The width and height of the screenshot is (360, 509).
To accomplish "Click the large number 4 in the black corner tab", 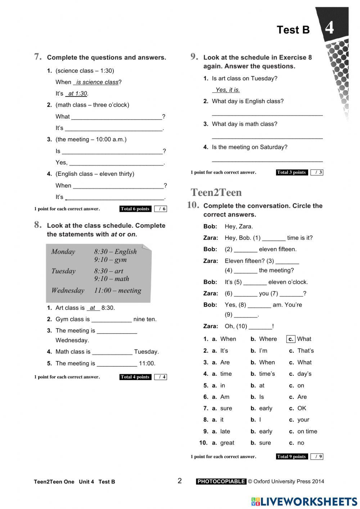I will click(x=329, y=28).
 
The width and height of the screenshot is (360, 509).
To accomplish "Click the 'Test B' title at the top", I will click(x=293, y=30).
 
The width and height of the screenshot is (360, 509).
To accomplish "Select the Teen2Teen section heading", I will click(x=216, y=192).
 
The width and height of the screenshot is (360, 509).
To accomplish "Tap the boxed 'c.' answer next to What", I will click(x=291, y=339).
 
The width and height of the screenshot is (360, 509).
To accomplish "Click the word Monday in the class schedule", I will click(x=63, y=252).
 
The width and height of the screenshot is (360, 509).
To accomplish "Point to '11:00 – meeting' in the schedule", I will click(x=118, y=290).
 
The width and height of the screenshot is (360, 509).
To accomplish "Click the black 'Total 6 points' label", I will click(x=135, y=209).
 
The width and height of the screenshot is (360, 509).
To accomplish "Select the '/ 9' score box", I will click(x=317, y=456).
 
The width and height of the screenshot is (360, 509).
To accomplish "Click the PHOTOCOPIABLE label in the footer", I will click(x=221, y=481).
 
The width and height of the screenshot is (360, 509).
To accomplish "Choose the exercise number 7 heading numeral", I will click(x=38, y=57).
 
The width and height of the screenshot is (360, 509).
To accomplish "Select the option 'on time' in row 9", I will click(x=307, y=431).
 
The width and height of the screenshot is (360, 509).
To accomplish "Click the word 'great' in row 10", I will click(x=227, y=443).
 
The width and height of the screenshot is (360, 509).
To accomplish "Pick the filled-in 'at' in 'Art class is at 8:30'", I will click(x=93, y=308).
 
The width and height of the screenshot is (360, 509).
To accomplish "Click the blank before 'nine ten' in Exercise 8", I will click(x=111, y=320).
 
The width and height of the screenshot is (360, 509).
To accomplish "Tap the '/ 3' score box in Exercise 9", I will click(x=317, y=172).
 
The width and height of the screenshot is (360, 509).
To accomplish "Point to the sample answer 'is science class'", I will click(x=97, y=82).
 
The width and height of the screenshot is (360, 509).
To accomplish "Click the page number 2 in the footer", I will click(x=180, y=481).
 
